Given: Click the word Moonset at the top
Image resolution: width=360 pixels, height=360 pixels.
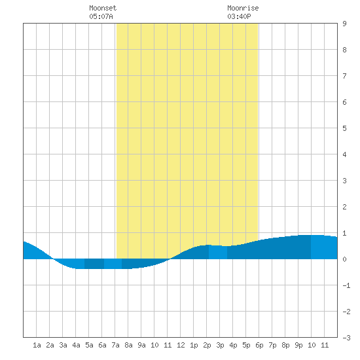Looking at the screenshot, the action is point(103,8).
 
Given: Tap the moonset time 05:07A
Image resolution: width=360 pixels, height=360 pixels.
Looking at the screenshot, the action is point(101,16).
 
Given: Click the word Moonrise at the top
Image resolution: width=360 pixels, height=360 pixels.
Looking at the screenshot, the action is point(243,8).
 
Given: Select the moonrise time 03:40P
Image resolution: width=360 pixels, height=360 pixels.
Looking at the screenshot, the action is point(239,16).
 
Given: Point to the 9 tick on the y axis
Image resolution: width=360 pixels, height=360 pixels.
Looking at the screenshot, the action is point(344,24).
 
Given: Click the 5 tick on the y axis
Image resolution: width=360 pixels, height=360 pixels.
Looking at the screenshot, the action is point(344,128).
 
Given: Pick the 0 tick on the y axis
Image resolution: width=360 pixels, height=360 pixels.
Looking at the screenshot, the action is point(344,259).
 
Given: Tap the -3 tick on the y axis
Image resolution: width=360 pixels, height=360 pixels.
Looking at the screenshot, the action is point(346,338).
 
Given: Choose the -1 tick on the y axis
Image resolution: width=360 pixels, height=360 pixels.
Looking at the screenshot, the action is point(346,285).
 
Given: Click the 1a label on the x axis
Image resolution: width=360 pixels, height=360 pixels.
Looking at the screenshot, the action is point(37,345).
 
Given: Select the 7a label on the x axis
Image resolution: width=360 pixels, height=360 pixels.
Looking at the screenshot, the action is point(115,345).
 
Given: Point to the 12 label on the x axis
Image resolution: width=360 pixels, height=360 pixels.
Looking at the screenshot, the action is point(181,345).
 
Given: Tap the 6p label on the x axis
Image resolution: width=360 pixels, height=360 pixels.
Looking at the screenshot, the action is point(259,345).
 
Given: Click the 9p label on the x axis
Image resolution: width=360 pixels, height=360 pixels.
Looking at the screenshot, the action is point(298,345).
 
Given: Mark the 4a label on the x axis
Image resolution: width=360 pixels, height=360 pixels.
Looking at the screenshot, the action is point(76,345).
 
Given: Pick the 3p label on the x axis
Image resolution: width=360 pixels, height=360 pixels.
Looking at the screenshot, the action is point(220,345).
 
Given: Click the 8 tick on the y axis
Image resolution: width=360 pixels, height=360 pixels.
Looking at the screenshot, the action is point(344,50).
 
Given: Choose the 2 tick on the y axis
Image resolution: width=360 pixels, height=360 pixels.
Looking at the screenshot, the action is point(344,207).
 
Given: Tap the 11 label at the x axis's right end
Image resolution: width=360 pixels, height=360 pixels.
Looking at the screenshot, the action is point(325,345).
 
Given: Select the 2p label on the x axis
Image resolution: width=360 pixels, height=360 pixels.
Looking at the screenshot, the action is point(207,345).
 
